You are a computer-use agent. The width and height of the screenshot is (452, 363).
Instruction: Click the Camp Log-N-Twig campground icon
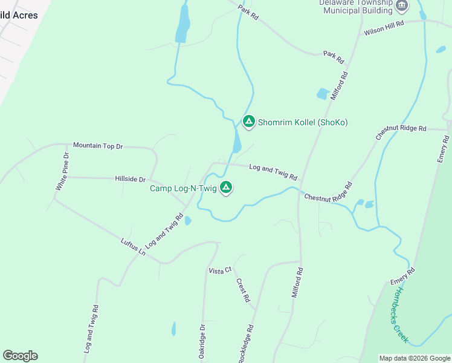tap(225, 188)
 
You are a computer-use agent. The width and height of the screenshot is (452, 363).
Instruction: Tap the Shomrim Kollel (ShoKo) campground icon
tap(248, 122)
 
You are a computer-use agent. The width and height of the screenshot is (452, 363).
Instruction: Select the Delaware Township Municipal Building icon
tap(402, 6)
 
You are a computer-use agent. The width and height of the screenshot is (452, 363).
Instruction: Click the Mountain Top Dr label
tap(98, 146)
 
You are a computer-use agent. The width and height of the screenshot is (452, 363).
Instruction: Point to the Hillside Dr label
tap(131, 179)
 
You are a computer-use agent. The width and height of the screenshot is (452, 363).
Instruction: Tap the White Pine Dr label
tap(63, 172)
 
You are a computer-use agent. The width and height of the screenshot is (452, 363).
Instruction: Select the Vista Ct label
tap(220, 270)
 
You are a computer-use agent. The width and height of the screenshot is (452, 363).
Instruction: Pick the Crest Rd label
tap(243, 290)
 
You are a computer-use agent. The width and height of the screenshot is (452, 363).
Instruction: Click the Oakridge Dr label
tap(202, 342)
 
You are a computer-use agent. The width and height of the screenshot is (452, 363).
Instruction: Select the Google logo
tap(20, 356)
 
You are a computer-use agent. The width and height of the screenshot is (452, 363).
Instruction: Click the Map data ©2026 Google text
tap(415, 358)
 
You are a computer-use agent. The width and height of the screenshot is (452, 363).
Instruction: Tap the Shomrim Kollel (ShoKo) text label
tap(303, 122)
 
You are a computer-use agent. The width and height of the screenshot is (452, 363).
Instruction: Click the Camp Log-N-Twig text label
tap(183, 188)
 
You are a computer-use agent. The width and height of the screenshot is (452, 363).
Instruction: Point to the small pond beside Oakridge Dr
tap(174, 329)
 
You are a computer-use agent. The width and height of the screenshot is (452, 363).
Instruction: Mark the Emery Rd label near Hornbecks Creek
tap(402, 276)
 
